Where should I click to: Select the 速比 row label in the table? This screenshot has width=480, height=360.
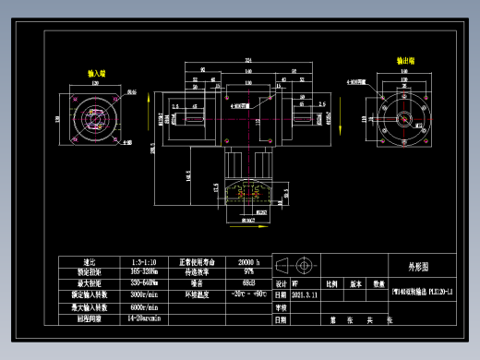click(x=90, y=262)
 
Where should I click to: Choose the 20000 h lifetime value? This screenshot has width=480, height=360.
click(x=248, y=262)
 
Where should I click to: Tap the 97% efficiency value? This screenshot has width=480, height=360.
click(x=248, y=273)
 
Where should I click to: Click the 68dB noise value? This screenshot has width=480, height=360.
click(x=248, y=284)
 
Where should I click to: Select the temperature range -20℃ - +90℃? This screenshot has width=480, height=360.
click(x=248, y=295)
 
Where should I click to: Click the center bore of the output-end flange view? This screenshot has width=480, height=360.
click(x=404, y=118)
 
